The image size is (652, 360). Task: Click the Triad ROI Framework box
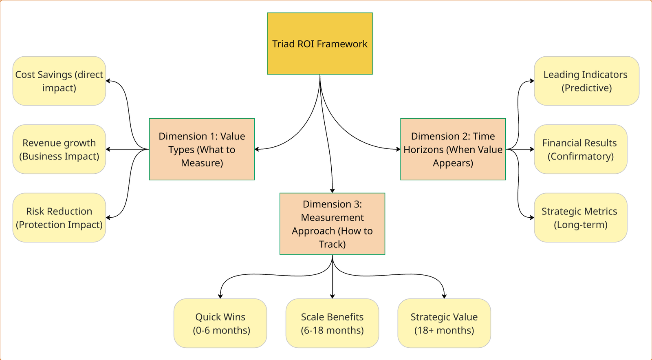click(x=319, y=44)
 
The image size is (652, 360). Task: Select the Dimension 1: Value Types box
click(x=202, y=149)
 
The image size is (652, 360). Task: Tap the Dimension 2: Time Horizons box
click(x=453, y=149)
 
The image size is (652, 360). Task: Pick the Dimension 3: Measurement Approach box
click(x=332, y=224)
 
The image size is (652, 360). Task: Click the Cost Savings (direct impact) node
click(x=59, y=81)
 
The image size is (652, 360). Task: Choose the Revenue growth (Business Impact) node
click(x=59, y=149)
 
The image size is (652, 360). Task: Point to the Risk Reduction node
click(x=59, y=218)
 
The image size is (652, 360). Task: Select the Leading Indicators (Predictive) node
click(x=586, y=81)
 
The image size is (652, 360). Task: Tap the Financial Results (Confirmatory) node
click(x=580, y=149)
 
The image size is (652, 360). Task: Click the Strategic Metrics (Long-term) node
click(x=580, y=218)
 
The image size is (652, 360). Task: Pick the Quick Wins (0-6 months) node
click(x=220, y=323)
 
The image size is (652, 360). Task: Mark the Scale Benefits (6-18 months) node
click(x=332, y=323)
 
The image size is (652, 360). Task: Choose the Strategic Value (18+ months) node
click(x=444, y=323)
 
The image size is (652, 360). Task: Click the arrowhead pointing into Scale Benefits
click(x=333, y=296)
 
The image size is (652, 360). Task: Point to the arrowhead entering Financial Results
click(x=532, y=149)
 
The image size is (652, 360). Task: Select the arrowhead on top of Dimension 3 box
click(x=333, y=190)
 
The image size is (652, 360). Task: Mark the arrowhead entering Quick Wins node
click(x=220, y=296)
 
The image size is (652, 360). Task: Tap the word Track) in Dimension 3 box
click(x=333, y=244)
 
